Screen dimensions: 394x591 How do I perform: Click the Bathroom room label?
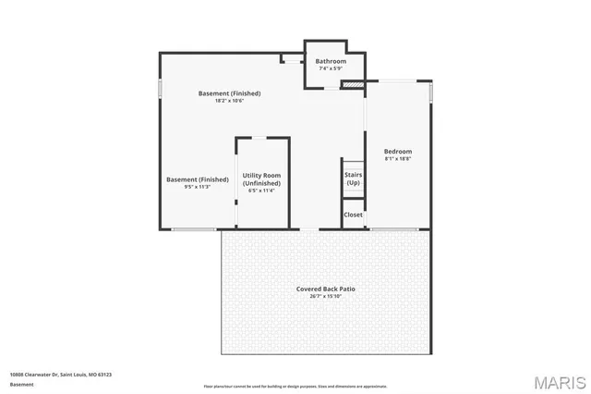[331, 62]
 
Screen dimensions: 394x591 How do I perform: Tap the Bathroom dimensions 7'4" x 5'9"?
[331, 68]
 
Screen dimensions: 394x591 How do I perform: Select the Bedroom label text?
[398, 152]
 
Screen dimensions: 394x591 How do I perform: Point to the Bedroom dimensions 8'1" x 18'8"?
[398, 158]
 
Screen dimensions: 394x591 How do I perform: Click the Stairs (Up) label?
[353, 179]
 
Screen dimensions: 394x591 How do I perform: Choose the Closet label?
[353, 215]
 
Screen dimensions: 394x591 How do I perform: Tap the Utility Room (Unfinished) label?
[261, 179]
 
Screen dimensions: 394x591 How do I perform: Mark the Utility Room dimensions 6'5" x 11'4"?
[261, 191]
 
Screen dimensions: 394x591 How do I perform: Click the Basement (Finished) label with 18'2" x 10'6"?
[230, 93]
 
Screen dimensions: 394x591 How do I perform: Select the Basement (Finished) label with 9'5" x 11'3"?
[198, 179]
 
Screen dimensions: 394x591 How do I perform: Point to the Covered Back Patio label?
[325, 289]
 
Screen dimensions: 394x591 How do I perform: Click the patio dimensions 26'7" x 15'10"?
[325, 296]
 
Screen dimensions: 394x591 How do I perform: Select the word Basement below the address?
[21, 384]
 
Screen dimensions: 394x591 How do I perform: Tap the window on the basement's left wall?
[161, 88]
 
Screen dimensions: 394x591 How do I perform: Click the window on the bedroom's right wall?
[430, 93]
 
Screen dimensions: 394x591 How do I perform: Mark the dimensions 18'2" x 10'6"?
[230, 100]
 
